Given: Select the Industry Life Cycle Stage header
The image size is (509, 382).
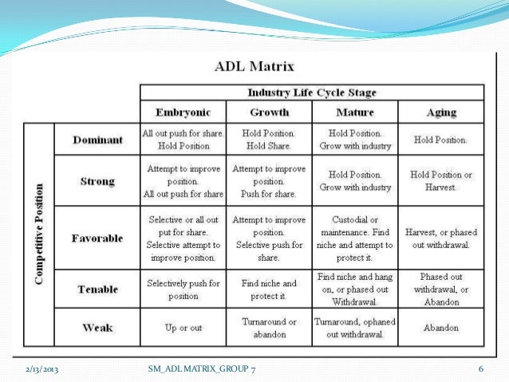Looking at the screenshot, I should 312,93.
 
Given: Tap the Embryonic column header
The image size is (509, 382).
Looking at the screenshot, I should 183,112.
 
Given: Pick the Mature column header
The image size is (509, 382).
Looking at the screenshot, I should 354,112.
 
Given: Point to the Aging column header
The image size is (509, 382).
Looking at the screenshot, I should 441,112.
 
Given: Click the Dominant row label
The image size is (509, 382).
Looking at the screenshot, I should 98,140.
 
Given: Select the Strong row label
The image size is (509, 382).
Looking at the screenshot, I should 98,181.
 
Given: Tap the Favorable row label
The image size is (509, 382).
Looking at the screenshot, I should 98,238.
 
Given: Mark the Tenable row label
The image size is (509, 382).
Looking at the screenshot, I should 98,289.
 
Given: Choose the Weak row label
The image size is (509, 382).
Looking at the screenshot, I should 98,327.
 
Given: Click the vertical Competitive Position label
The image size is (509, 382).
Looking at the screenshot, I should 39,235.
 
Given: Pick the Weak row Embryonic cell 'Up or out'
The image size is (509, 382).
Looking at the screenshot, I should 183,328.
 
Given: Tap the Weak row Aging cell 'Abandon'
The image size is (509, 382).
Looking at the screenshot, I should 441,328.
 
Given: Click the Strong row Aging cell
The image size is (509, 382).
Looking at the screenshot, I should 441,181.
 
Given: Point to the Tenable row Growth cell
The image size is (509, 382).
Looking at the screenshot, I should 268,289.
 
